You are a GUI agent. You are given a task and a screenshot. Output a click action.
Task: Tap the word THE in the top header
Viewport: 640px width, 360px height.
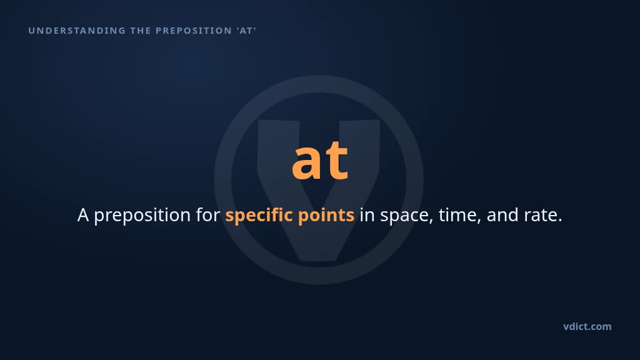[141, 31]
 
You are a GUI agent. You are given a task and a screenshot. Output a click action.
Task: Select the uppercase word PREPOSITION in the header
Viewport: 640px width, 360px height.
[194, 31]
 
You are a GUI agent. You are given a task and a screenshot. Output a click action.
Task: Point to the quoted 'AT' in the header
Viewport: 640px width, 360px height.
[246, 31]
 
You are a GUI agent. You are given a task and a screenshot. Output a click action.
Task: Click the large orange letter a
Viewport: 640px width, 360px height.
[306, 161]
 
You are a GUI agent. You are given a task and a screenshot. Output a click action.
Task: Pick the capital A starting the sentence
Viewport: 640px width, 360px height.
[83, 215]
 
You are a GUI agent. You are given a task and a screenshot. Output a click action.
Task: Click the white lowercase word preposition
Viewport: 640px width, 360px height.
[142, 216]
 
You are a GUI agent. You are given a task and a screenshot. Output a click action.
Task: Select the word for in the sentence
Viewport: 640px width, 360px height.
[208, 215]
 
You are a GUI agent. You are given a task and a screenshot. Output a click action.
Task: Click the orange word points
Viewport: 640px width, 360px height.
[326, 216]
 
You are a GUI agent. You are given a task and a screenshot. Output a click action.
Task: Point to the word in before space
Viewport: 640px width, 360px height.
[367, 215]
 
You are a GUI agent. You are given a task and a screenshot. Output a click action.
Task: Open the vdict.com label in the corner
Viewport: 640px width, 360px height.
[587, 326]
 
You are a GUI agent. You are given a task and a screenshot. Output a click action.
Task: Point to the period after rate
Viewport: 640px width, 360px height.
[559, 221]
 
